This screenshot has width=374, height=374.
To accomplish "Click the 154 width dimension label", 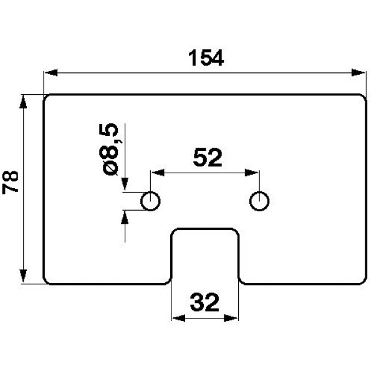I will click(x=205, y=58).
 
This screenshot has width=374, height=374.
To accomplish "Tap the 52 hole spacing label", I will click(x=207, y=158).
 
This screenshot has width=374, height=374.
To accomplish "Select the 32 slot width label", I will click(x=204, y=304).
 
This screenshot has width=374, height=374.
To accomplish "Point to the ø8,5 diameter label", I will click(x=110, y=149).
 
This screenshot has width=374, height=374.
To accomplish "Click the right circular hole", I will click(x=259, y=201).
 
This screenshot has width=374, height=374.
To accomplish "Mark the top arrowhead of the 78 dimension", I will click(x=24, y=100).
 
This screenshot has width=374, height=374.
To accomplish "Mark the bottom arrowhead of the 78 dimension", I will click(x=24, y=277).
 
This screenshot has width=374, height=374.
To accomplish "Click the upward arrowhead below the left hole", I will click(x=125, y=216).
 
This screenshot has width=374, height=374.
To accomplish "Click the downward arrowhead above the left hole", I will click(x=125, y=185).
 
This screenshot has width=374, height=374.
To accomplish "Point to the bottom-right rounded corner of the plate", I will click(x=362, y=280).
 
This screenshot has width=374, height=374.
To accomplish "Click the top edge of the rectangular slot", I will click(x=205, y=228).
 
